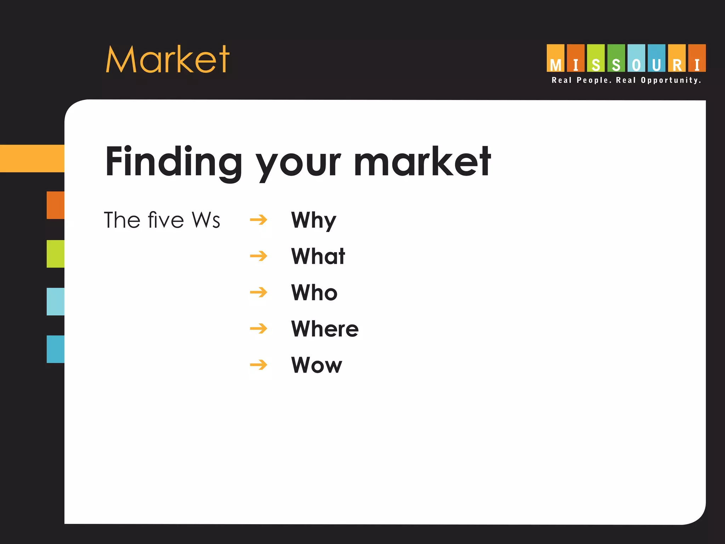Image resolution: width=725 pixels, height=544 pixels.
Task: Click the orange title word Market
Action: pos(167,59)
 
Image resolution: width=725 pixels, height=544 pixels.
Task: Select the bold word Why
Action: pos(313,220)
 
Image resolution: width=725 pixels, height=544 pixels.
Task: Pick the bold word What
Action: pos(318,256)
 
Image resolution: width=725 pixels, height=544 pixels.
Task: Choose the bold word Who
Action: pos(314,293)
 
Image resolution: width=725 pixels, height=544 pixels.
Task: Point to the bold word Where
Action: pos(325,329)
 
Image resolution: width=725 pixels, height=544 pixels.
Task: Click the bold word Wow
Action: pos(316,365)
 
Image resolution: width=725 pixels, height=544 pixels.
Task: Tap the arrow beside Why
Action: pos(258,220)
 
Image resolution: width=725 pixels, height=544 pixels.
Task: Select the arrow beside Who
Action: pos(258,293)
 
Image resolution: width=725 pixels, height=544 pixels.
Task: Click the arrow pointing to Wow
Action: pos(258,365)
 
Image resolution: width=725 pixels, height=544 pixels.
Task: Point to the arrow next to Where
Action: pos(258,329)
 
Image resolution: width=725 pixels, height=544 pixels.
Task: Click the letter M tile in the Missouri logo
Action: pos(555,58)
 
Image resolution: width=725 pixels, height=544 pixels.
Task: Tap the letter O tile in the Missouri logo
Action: pos(636,58)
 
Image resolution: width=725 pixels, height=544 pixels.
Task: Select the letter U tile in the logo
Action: pos(656,58)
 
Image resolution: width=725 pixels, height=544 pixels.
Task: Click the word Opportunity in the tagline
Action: pos(671,80)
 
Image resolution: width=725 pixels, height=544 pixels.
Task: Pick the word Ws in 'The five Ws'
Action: pos(206,220)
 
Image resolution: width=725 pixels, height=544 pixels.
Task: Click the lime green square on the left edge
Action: pos(56,254)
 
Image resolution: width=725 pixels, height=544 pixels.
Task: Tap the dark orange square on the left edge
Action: pos(56,205)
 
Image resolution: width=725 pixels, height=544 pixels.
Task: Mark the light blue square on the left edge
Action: pos(56,301)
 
